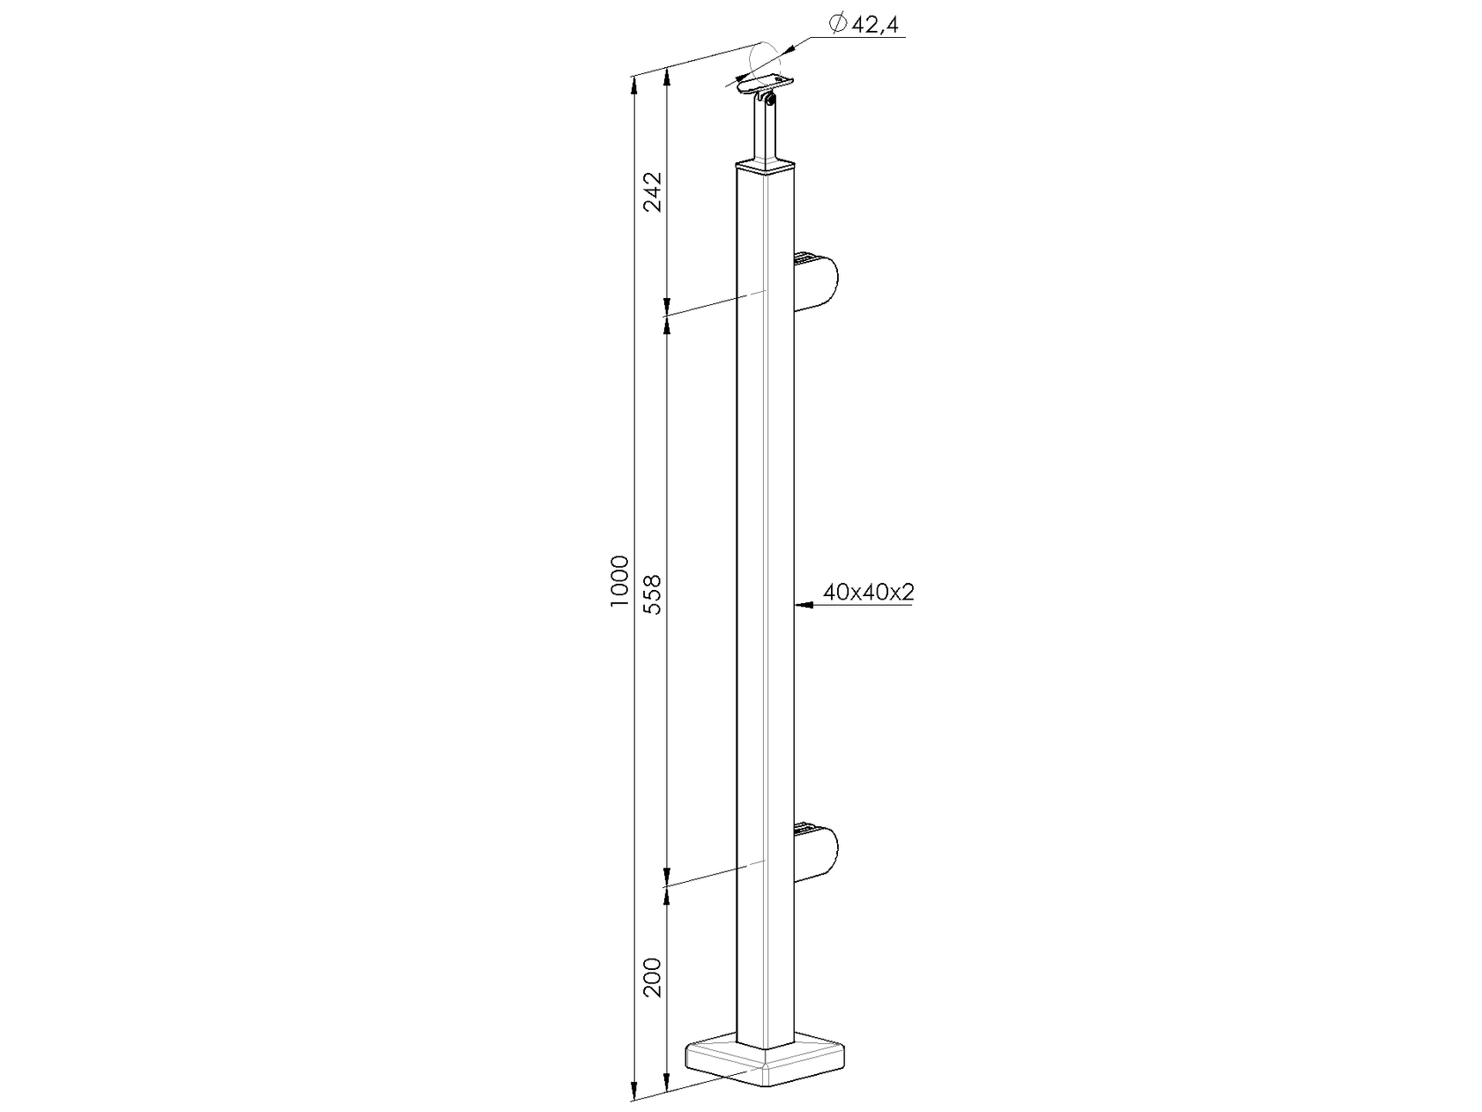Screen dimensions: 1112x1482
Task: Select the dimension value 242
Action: pos(654,191)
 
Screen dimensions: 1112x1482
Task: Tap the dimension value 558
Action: pos(654,593)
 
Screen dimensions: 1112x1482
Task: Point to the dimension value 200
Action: pos(654,977)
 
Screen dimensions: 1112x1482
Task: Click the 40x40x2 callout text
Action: pos(868,593)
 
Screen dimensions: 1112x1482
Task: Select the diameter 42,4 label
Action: pos(875,26)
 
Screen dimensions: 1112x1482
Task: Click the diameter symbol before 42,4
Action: pos(839,26)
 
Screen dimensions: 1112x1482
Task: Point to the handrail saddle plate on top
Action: pos(764,86)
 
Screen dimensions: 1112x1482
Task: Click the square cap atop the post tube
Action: pos(766,166)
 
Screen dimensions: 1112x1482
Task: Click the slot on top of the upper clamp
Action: pos(805,258)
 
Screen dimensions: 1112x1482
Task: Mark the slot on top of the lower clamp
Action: pos(805,827)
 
